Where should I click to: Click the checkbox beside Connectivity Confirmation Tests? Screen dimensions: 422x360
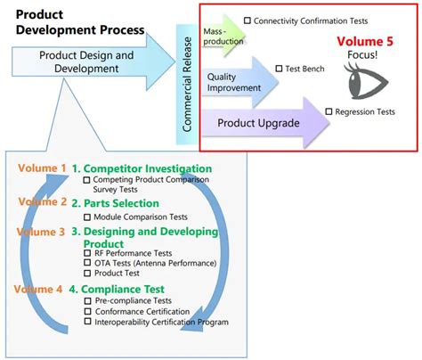click(x=248, y=20)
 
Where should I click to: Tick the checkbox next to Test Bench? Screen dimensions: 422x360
click(x=279, y=69)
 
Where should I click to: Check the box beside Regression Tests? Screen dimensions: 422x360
click(x=329, y=111)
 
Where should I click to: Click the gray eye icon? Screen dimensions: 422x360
click(x=366, y=81)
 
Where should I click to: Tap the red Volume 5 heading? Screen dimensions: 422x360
click(x=365, y=41)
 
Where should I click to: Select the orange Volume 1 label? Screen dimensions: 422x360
click(x=42, y=168)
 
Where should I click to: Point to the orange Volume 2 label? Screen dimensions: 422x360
click(x=43, y=201)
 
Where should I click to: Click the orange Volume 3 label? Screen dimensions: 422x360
click(x=41, y=232)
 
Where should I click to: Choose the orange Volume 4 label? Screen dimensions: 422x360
click(x=38, y=289)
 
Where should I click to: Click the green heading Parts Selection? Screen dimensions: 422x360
click(x=116, y=203)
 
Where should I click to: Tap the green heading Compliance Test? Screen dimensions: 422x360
click(x=117, y=289)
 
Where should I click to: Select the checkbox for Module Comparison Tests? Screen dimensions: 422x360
click(x=87, y=217)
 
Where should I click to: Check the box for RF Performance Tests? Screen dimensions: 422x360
click(x=87, y=253)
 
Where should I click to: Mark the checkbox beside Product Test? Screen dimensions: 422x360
click(x=87, y=273)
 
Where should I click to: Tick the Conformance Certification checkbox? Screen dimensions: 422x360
click(x=87, y=311)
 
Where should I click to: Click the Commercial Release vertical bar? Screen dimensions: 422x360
click(x=187, y=85)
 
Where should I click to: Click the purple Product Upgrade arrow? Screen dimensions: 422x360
click(x=265, y=123)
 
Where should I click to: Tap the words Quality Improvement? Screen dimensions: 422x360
click(x=234, y=82)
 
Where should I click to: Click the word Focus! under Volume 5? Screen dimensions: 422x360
click(x=362, y=55)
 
